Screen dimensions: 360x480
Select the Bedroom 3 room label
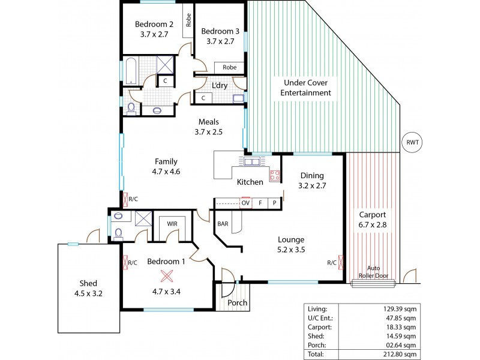click(217, 31)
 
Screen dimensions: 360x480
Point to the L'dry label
click(218, 85)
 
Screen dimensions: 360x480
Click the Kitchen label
click(249, 182)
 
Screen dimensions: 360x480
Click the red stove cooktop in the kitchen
click(275, 175)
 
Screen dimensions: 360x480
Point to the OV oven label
click(245, 203)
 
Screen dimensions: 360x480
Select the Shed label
click(84, 283)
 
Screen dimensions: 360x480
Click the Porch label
click(238, 302)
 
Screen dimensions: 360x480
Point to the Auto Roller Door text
click(375, 273)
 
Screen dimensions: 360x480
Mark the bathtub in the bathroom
click(132, 71)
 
